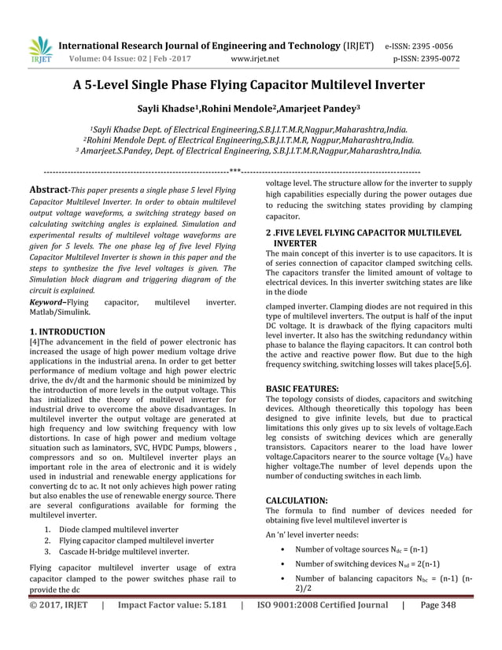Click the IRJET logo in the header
pyautogui.click(x=41, y=50)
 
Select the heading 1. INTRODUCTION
pyautogui.click(x=67, y=332)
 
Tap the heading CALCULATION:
pyautogui.click(x=297, y=500)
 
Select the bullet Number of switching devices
pyautogui.click(x=367, y=563)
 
